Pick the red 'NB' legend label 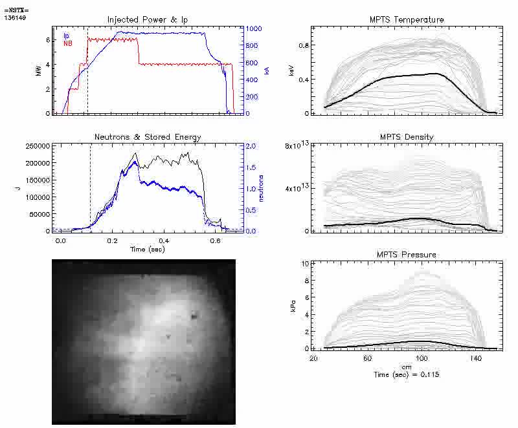point(68,43)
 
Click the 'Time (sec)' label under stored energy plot point(146,248)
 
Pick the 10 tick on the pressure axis point(304,264)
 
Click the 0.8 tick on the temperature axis point(302,46)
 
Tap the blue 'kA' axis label point(267,70)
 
